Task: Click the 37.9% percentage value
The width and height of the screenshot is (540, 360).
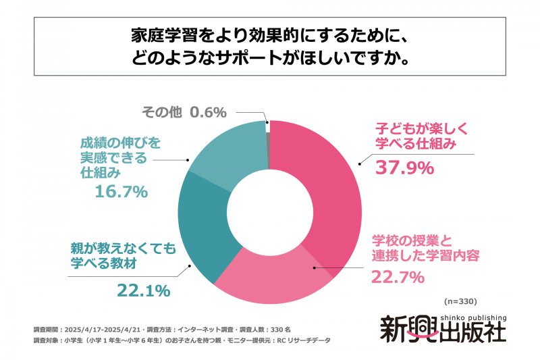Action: tap(404, 167)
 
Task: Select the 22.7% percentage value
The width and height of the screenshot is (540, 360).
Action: tap(398, 276)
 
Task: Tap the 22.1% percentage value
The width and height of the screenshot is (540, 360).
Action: tap(143, 291)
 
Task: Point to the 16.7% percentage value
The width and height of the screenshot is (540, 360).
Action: tap(121, 192)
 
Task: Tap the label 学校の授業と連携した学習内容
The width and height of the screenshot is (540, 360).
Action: tap(426, 248)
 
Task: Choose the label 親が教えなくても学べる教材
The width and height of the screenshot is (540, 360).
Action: tap(124, 256)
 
